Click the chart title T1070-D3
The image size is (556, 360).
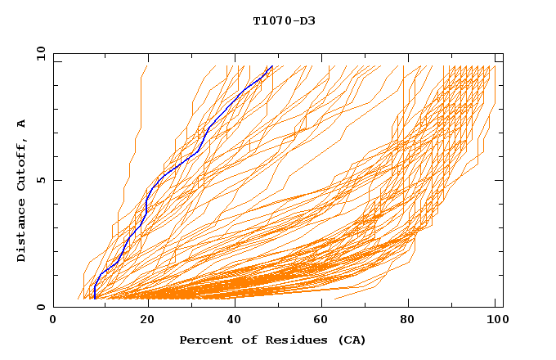click(x=284, y=20)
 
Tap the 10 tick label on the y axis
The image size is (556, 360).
click(x=38, y=53)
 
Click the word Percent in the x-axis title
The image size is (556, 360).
click(x=203, y=340)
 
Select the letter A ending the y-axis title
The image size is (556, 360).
click(x=22, y=123)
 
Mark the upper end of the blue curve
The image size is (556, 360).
click(x=271, y=67)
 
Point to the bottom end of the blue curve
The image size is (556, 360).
click(x=95, y=299)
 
